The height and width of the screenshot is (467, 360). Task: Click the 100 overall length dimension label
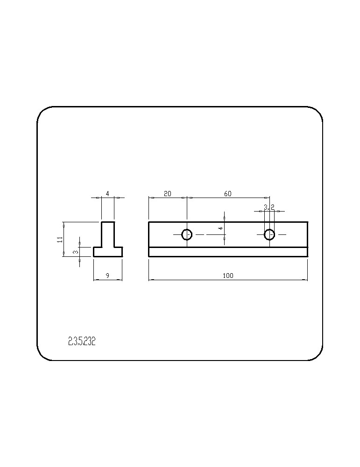pyautogui.click(x=228, y=276)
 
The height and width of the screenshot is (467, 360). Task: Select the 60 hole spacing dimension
pyautogui.click(x=227, y=194)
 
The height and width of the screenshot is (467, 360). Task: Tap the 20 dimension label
pyautogui.click(x=168, y=194)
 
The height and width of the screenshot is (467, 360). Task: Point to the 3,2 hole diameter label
pyautogui.click(x=269, y=207)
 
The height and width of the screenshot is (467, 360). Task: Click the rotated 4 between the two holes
pyautogui.click(x=221, y=228)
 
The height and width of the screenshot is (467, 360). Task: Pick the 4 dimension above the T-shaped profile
pyautogui.click(x=107, y=194)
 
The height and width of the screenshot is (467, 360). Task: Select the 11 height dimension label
pyautogui.click(x=60, y=239)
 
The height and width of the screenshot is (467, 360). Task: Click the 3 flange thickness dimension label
pyautogui.click(x=76, y=252)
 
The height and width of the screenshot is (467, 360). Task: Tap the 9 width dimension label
pyautogui.click(x=107, y=276)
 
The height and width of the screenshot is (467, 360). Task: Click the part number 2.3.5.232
pyautogui.click(x=82, y=341)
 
